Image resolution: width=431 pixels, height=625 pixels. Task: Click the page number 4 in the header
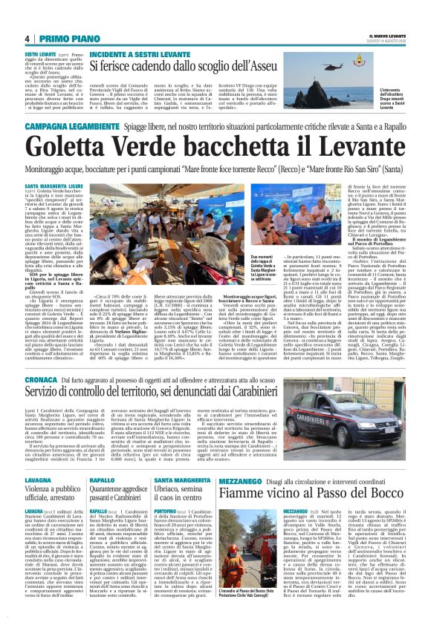pyautogui.click(x=27, y=39)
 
